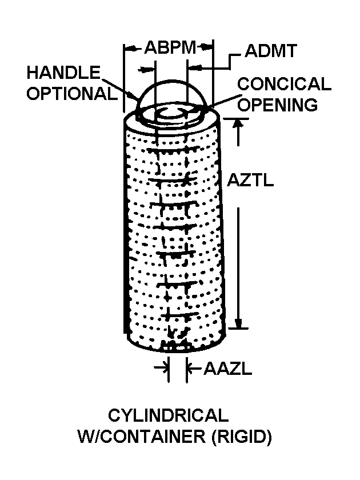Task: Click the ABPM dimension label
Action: click(170, 47)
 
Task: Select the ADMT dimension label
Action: click(271, 51)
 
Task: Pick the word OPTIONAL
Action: click(72, 93)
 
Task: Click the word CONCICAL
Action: click(284, 84)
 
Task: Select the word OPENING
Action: click(278, 105)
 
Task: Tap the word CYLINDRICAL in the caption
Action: click(169, 415)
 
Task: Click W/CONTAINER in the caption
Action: click(142, 436)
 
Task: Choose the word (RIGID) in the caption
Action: click(242, 437)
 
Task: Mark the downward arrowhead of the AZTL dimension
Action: click(238, 323)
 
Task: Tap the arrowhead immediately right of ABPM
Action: click(206, 47)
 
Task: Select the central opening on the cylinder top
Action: click(171, 114)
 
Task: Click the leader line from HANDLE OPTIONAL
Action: click(120, 89)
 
